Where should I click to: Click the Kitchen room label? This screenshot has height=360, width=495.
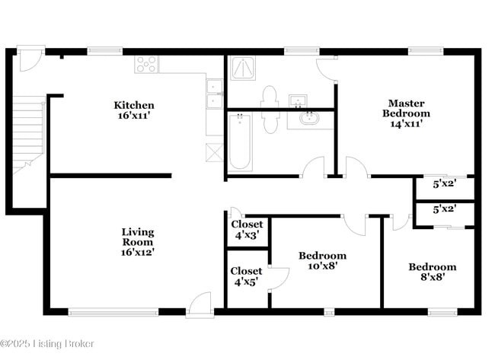click(134, 111)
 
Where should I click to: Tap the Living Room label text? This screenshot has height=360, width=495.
click(138, 241)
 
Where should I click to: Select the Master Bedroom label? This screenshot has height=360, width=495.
click(406, 113)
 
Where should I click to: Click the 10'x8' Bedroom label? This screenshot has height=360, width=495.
click(322, 261)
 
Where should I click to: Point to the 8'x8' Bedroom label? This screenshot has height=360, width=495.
click(432, 272)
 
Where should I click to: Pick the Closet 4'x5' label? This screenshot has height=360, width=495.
click(247, 276)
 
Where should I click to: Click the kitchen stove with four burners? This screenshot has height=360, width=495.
click(145, 65)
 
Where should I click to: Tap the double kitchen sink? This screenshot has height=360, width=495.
click(215, 93)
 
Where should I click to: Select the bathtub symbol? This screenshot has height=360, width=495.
click(240, 141)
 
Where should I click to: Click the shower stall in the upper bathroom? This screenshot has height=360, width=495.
click(243, 68)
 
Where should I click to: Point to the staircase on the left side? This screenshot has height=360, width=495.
click(30, 134)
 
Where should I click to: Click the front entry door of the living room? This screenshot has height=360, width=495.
click(200, 304)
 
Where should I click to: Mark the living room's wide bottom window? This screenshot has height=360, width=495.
click(113, 311)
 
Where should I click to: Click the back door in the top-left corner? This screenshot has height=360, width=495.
click(31, 59)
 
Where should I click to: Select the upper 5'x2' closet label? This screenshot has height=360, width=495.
click(444, 183)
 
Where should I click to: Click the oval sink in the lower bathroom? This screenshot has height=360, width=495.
click(309, 118)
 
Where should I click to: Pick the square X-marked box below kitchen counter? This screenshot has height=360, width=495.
click(214, 151)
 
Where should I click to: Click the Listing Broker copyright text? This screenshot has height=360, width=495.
click(48, 344)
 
